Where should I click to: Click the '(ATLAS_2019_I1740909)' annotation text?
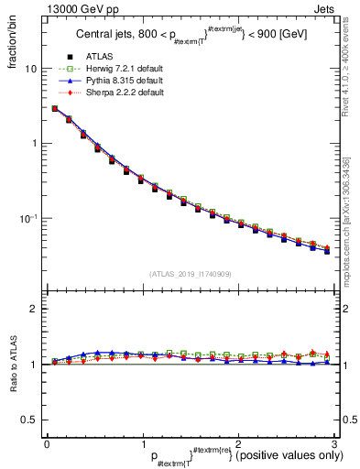click(x=190, y=273)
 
